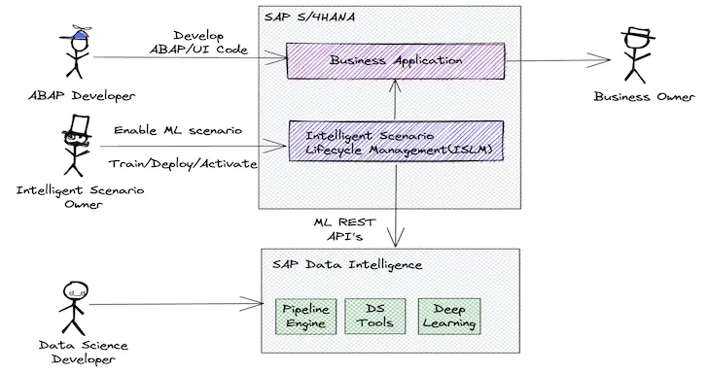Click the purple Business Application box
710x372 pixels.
[395, 61]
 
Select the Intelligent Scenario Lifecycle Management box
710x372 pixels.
[396, 141]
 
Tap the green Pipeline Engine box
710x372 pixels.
[306, 317]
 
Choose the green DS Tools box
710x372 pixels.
[374, 317]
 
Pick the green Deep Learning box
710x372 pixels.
[449, 317]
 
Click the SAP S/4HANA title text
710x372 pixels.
[309, 17]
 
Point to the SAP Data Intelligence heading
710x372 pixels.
[347, 265]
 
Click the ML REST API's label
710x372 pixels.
[345, 229]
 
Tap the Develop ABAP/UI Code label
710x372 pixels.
[198, 43]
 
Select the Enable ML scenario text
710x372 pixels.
[178, 130]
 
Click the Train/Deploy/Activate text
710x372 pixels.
[183, 163]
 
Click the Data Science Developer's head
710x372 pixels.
[75, 293]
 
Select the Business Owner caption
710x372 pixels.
[644, 97]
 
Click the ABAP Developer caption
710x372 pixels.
[82, 96]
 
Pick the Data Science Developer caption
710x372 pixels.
[83, 353]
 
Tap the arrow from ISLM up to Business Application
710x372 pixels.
[395, 100]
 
